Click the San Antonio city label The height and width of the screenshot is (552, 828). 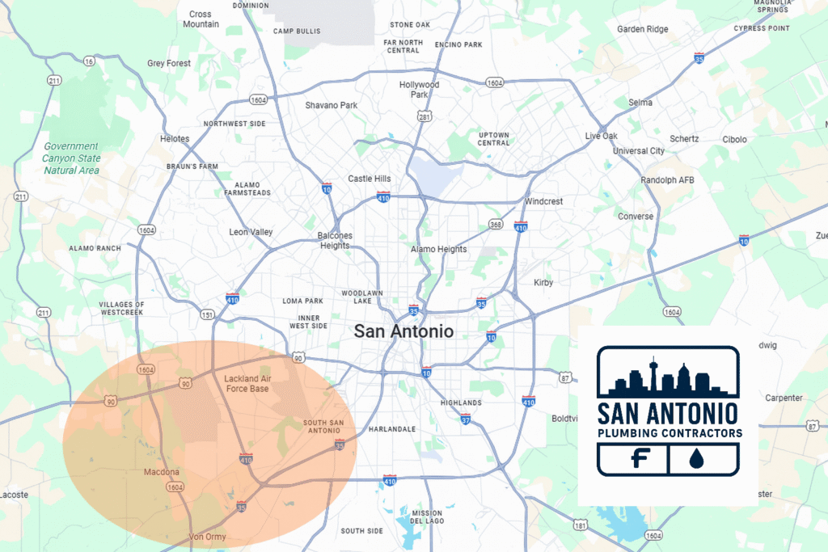pos(403,331)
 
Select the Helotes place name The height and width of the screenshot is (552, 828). pos(175,138)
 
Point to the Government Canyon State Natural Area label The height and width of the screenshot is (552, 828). pos(71,158)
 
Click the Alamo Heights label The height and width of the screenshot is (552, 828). pos(439,249)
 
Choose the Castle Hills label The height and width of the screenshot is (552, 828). pos(369,179)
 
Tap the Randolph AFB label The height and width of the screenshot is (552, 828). pos(667,179)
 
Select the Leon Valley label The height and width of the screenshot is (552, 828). pos(251,232)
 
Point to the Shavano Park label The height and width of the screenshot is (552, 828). pos(331,105)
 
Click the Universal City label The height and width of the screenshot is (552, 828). pos(639,151)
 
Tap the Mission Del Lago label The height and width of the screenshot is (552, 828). pos(427,517)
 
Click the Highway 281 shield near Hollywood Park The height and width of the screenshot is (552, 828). pos(424,117)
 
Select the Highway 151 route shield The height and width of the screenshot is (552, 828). pos(207,314)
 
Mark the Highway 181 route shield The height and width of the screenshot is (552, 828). pos(579,525)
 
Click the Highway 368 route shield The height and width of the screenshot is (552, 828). pos(496,225)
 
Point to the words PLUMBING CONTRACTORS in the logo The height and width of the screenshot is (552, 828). pos(669,433)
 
